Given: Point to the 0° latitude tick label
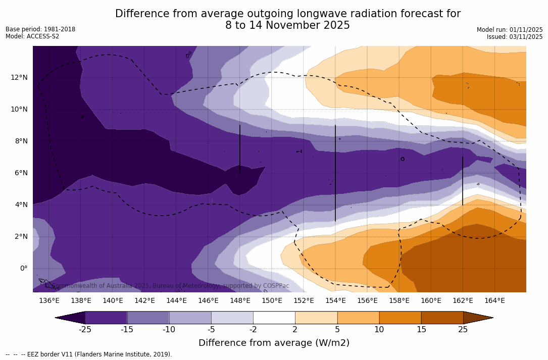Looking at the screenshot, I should point(23,268).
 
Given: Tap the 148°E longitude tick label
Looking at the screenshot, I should point(240,300).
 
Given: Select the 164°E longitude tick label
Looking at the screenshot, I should point(494,300).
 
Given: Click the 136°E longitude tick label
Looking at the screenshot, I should point(49,300).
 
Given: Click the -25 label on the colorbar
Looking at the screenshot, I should point(85,330).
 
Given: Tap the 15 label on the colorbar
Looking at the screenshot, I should point(421,330).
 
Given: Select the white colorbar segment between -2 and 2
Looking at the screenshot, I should point(274,318).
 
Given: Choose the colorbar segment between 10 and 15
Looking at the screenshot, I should point(400,318).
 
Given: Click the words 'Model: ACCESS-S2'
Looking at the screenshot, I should point(32,36).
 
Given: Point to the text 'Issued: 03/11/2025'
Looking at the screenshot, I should point(515,37).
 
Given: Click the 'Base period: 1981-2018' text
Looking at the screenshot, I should point(40,29).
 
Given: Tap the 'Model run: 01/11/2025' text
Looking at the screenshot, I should point(510,30).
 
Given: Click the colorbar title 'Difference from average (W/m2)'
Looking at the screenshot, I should point(274,343).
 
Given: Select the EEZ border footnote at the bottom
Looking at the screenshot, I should point(89,354).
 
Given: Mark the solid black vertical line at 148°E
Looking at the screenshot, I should point(240,149).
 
